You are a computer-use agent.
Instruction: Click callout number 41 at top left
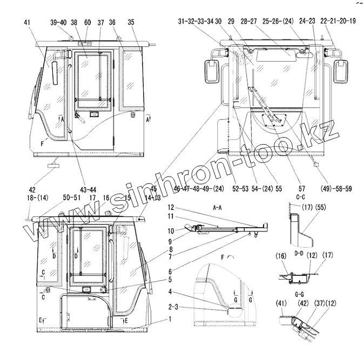point(28,22)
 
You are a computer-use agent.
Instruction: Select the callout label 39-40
point(58,22)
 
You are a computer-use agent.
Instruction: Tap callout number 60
point(88,22)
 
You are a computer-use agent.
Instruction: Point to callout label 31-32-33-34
point(196,21)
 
